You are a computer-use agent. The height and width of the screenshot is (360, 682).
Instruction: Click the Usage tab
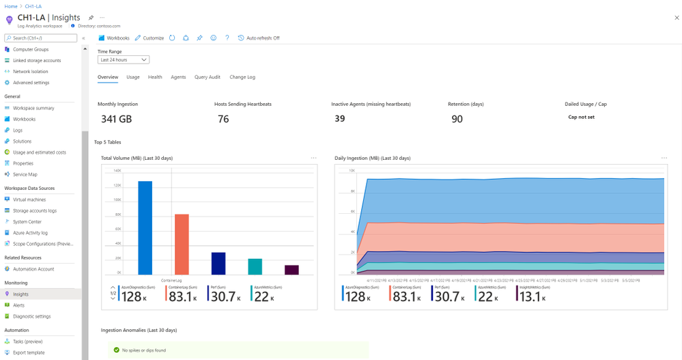(133, 77)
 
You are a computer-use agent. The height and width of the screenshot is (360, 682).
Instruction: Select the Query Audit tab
(207, 77)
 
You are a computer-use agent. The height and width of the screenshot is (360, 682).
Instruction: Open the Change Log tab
(242, 77)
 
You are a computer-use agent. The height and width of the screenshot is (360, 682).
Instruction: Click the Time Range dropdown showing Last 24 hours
(124, 60)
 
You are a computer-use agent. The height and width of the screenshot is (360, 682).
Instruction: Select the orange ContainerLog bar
(182, 244)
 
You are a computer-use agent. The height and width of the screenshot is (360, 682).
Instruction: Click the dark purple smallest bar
(292, 270)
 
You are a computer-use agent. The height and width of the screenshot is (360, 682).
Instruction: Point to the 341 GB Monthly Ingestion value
(116, 119)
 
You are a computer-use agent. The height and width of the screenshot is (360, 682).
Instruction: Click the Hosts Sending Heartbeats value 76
(223, 119)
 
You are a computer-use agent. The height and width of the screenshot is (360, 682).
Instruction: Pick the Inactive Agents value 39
(339, 119)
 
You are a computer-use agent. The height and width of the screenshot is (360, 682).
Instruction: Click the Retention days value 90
(457, 119)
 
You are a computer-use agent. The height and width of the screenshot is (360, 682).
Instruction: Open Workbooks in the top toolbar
(114, 38)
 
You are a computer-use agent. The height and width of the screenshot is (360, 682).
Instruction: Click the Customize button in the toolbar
(150, 38)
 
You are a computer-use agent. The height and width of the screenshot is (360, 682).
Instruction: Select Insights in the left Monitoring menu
(20, 294)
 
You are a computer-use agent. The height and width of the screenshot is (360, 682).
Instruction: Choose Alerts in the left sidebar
(19, 305)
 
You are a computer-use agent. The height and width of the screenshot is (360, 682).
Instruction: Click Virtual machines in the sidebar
(29, 199)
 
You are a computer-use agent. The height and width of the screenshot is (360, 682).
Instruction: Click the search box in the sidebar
(41, 38)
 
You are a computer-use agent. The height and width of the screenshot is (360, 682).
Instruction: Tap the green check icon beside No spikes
(117, 350)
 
